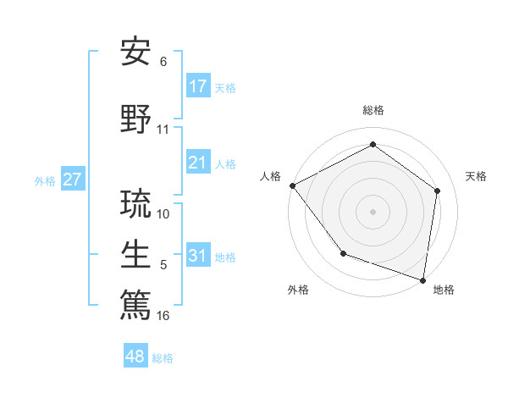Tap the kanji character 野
point(136,118)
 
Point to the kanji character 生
point(136,253)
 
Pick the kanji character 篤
point(136,304)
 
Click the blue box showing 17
point(197,86)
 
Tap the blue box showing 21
point(197,163)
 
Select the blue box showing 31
point(197,256)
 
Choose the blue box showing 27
point(72,180)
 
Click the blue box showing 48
point(135,357)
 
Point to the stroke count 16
point(163,316)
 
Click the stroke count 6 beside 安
point(163,62)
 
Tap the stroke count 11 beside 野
point(163,130)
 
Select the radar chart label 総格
point(373,110)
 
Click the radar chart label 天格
point(476,176)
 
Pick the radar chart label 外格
point(298,290)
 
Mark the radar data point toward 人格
point(292,185)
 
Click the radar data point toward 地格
point(422,279)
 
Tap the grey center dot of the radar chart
point(373,211)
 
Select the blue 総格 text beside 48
point(163,358)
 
